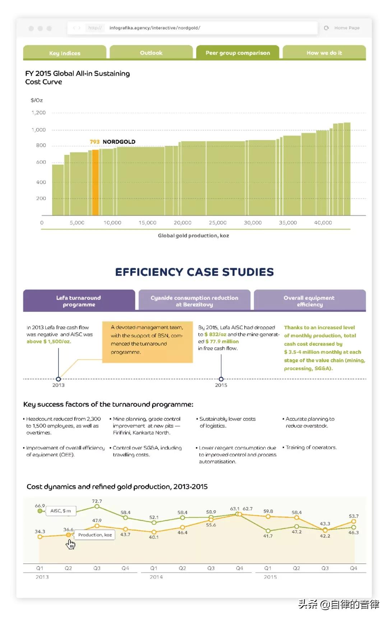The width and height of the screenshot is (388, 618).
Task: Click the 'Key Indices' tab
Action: pyautogui.click(x=65, y=52)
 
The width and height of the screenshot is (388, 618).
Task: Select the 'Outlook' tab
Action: pyautogui.click(x=151, y=52)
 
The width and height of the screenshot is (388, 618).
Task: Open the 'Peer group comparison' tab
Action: pyautogui.click(x=238, y=52)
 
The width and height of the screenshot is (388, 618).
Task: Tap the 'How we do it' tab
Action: pyautogui.click(x=324, y=52)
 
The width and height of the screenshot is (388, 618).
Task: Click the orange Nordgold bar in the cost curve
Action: pyautogui.click(x=95, y=183)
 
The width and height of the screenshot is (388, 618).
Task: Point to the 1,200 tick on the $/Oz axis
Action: pyautogui.click(x=38, y=113)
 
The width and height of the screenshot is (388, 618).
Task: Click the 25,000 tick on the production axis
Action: pyautogui.click(x=218, y=223)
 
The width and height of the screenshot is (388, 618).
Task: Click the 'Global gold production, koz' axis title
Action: pyautogui.click(x=193, y=236)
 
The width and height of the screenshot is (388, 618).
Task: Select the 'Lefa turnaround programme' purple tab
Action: pyautogui.click(x=79, y=301)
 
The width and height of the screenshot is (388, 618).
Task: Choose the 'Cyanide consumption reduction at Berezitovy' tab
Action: pyautogui.click(x=194, y=301)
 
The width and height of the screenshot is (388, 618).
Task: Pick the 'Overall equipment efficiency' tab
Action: pyautogui.click(x=310, y=301)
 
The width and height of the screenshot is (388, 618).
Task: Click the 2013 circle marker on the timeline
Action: pyautogui.click(x=59, y=379)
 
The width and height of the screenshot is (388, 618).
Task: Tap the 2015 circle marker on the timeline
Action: pyautogui.click(x=221, y=379)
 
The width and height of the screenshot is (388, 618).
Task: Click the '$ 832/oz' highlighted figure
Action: pyautogui.click(x=215, y=334)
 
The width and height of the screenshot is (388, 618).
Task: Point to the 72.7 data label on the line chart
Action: pyautogui.click(x=97, y=501)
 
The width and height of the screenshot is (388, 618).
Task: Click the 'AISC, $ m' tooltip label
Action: pyautogui.click(x=61, y=511)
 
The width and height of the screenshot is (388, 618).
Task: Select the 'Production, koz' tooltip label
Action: pyautogui.click(x=95, y=535)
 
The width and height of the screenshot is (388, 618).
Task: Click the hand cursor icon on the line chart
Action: pyautogui.click(x=70, y=544)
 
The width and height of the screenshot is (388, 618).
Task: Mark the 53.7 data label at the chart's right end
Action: pyautogui.click(x=354, y=516)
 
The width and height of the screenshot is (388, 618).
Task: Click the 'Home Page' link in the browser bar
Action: pyautogui.click(x=347, y=28)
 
